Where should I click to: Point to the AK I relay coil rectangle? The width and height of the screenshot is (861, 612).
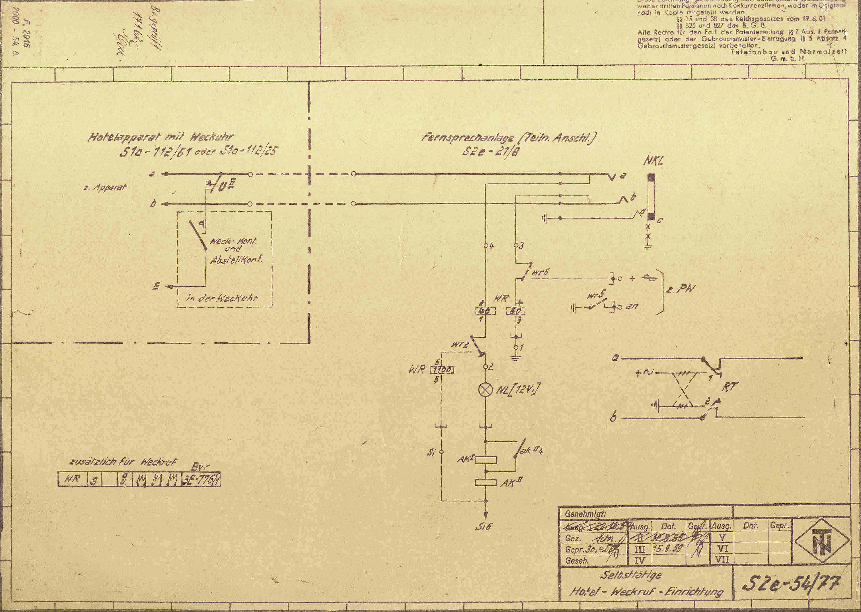[x=486, y=460]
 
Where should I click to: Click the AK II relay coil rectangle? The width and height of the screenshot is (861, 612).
[x=486, y=482]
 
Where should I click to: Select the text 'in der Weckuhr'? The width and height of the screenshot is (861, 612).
[x=222, y=298]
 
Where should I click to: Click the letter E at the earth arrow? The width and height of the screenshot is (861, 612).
[x=156, y=286]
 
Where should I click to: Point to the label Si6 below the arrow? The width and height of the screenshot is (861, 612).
[x=483, y=526]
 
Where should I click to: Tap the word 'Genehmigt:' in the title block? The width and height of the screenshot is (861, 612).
[x=585, y=514]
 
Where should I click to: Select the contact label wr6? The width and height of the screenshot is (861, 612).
[x=540, y=272]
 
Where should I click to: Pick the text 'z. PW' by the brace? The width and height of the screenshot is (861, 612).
[x=680, y=289]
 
